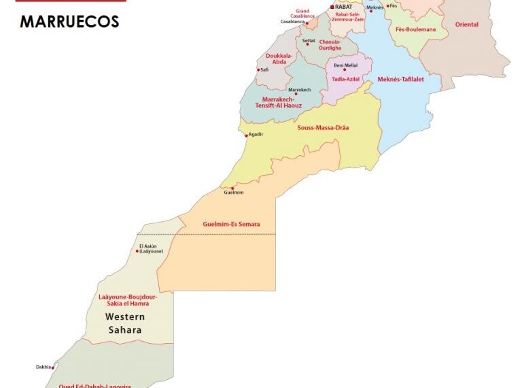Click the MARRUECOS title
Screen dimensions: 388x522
coord(69,22)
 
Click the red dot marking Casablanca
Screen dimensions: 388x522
coord(307,23)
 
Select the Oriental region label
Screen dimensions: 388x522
coord(467,25)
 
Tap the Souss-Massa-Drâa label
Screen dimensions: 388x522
coord(323,127)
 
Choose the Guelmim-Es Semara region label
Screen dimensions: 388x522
coord(231,225)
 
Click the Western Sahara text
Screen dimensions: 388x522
coord(124,323)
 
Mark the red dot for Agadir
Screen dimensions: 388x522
coord(246,135)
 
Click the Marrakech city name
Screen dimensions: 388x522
coord(300,90)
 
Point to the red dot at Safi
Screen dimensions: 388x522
coord(258,69)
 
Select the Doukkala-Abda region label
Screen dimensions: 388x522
coord(279,59)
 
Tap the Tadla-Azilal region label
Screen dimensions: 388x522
coord(345,80)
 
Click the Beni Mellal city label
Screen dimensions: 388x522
coord(345,65)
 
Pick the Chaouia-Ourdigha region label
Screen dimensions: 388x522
coord(330,45)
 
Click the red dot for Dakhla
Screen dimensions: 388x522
coord(53,368)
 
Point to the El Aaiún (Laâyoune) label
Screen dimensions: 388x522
coord(151,248)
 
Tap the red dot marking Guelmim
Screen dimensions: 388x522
coord(233,188)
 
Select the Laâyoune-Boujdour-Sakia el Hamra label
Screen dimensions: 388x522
coord(128,300)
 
